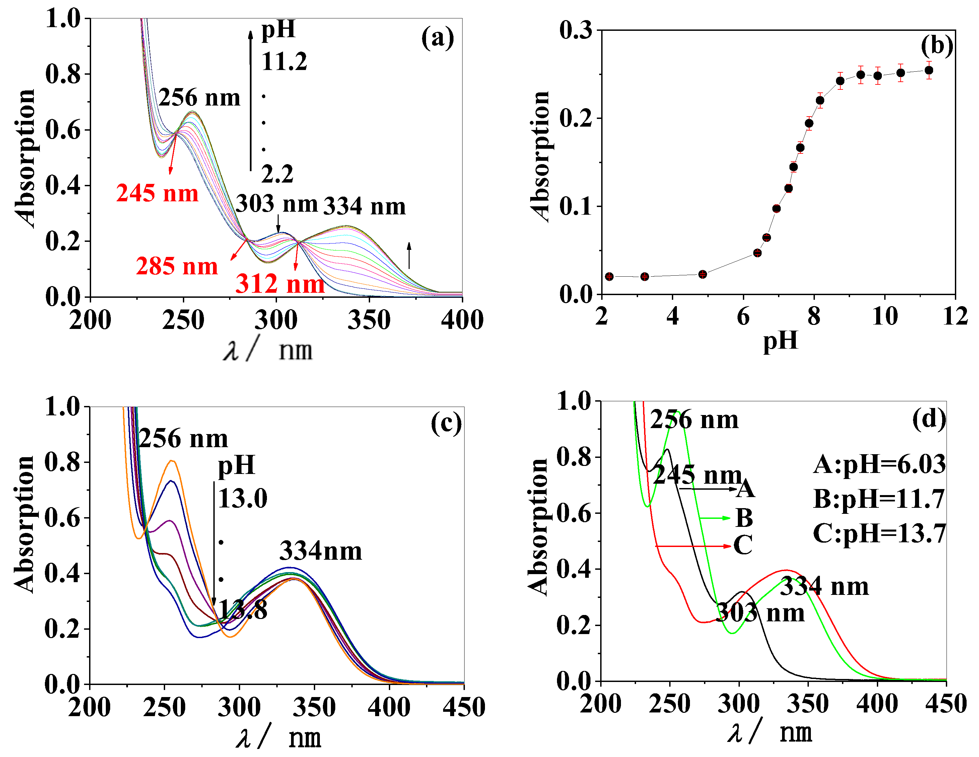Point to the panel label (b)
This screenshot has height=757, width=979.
(x=937, y=46)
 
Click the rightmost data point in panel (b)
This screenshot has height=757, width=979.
(x=929, y=70)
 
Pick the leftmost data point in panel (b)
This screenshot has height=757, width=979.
(x=609, y=277)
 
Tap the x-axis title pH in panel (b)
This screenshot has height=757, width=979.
(x=780, y=340)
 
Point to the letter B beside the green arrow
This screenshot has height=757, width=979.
(x=744, y=518)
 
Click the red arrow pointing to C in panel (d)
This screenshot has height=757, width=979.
(x=693, y=546)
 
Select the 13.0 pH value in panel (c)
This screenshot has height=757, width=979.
(x=242, y=498)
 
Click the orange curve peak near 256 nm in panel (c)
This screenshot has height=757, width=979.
(x=172, y=461)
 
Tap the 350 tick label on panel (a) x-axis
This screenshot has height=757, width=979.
(x=369, y=320)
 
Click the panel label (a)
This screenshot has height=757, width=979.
(x=437, y=38)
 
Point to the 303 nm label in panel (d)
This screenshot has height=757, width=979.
(x=760, y=613)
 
